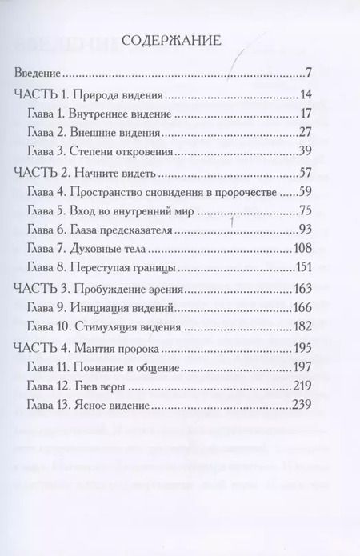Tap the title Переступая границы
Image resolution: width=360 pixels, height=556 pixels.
[126, 266]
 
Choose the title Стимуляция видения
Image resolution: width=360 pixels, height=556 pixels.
[130, 326]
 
